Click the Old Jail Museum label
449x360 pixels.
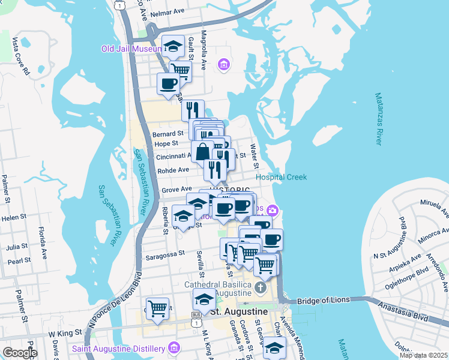131,49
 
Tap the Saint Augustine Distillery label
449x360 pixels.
118,349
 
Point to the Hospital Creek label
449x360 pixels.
281,177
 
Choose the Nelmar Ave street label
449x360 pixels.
168,12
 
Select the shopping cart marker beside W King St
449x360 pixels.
157,309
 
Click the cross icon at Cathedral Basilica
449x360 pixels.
260,287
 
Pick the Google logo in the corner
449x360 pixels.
20,353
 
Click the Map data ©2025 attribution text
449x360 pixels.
423,355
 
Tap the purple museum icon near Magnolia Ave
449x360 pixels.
224,64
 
